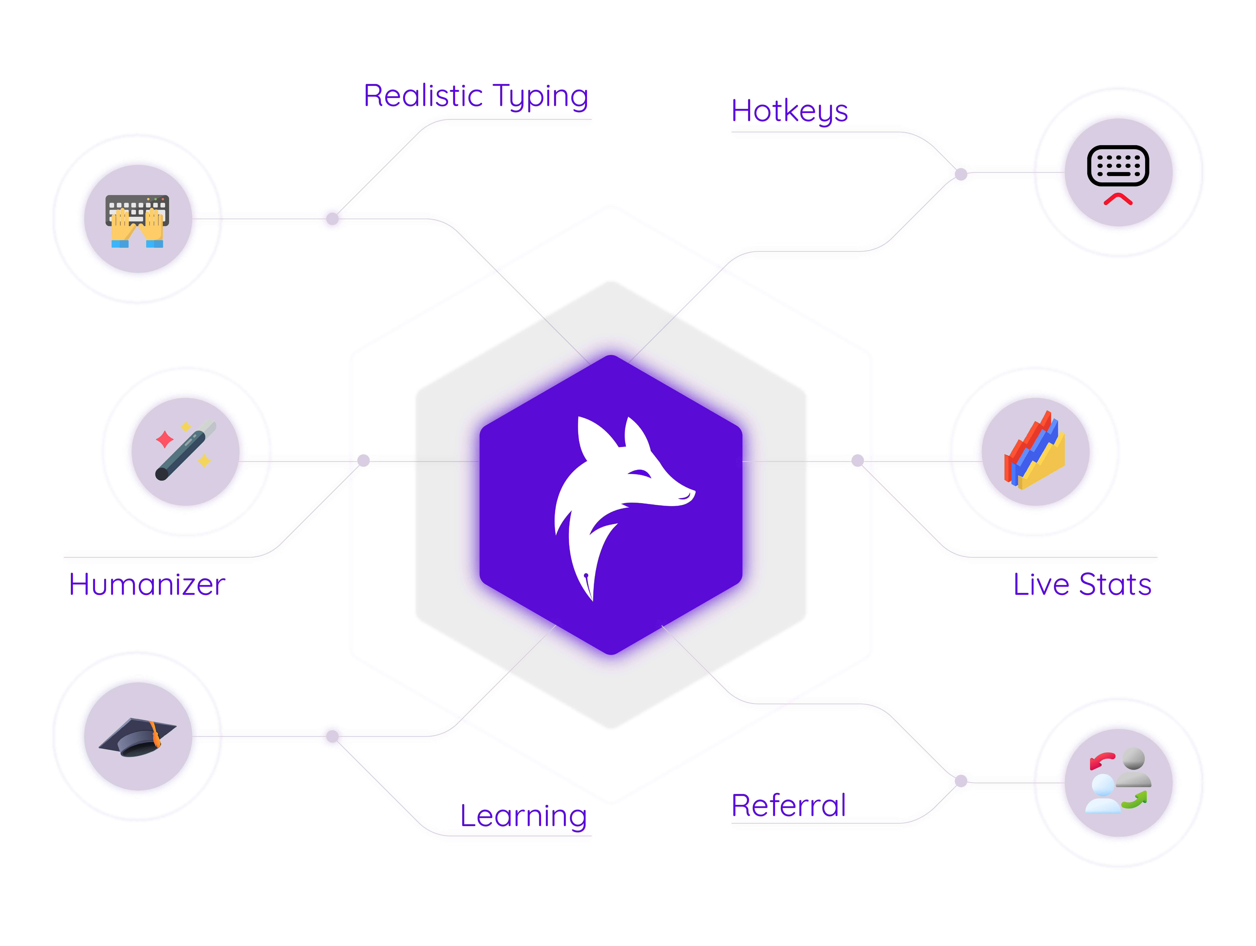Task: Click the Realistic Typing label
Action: click(476, 95)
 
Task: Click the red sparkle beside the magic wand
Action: click(165, 439)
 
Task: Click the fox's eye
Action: click(640, 473)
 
